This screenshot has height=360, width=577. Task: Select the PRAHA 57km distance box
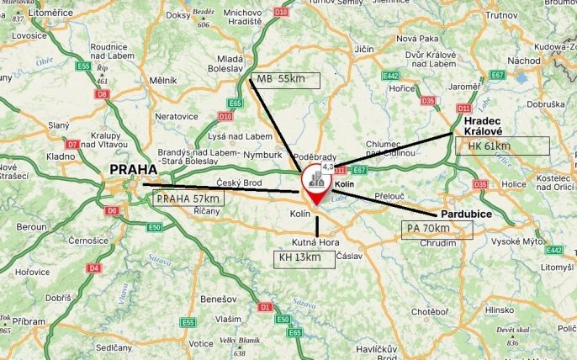188,199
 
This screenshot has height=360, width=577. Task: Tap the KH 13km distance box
305,258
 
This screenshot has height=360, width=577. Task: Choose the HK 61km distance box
501,146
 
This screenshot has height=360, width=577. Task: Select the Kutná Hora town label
315,242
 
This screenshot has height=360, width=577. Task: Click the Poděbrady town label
315,157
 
